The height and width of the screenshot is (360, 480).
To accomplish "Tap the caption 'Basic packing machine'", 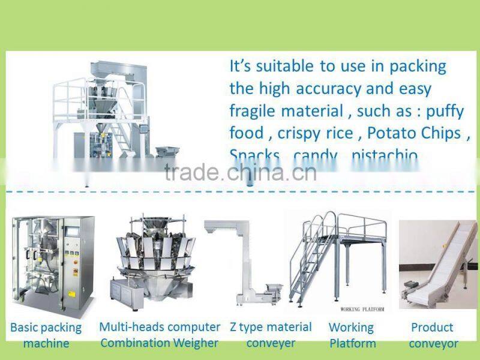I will click(46, 335).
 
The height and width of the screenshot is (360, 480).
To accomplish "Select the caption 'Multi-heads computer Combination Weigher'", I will click(160, 335).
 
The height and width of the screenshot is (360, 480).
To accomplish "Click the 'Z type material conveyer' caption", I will click(271, 335).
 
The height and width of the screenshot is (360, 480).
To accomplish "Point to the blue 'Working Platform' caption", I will click(352, 335).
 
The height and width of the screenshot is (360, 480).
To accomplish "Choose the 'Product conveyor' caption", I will click(433, 335).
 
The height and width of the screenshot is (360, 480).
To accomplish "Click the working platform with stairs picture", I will click(339, 258).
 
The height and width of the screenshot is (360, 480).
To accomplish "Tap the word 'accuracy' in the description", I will click(327, 89).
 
